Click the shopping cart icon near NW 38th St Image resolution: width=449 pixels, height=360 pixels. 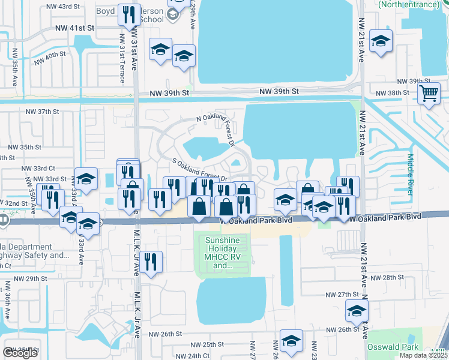tap(429, 93)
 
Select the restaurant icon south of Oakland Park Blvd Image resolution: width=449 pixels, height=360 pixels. tap(151, 262)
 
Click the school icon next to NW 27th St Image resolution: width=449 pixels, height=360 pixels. tap(357, 311)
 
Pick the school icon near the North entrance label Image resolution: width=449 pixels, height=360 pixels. tap(381, 41)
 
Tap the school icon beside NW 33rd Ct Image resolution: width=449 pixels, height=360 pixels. tap(86, 178)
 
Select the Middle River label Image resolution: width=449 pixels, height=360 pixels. tap(411, 174)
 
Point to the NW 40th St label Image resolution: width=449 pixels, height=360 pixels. tap(50, 58)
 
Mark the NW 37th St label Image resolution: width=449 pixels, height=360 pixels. tap(42, 112)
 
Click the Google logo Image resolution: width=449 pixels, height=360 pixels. tap(20, 353)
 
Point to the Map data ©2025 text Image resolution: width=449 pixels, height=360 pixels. tap(423, 356)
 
